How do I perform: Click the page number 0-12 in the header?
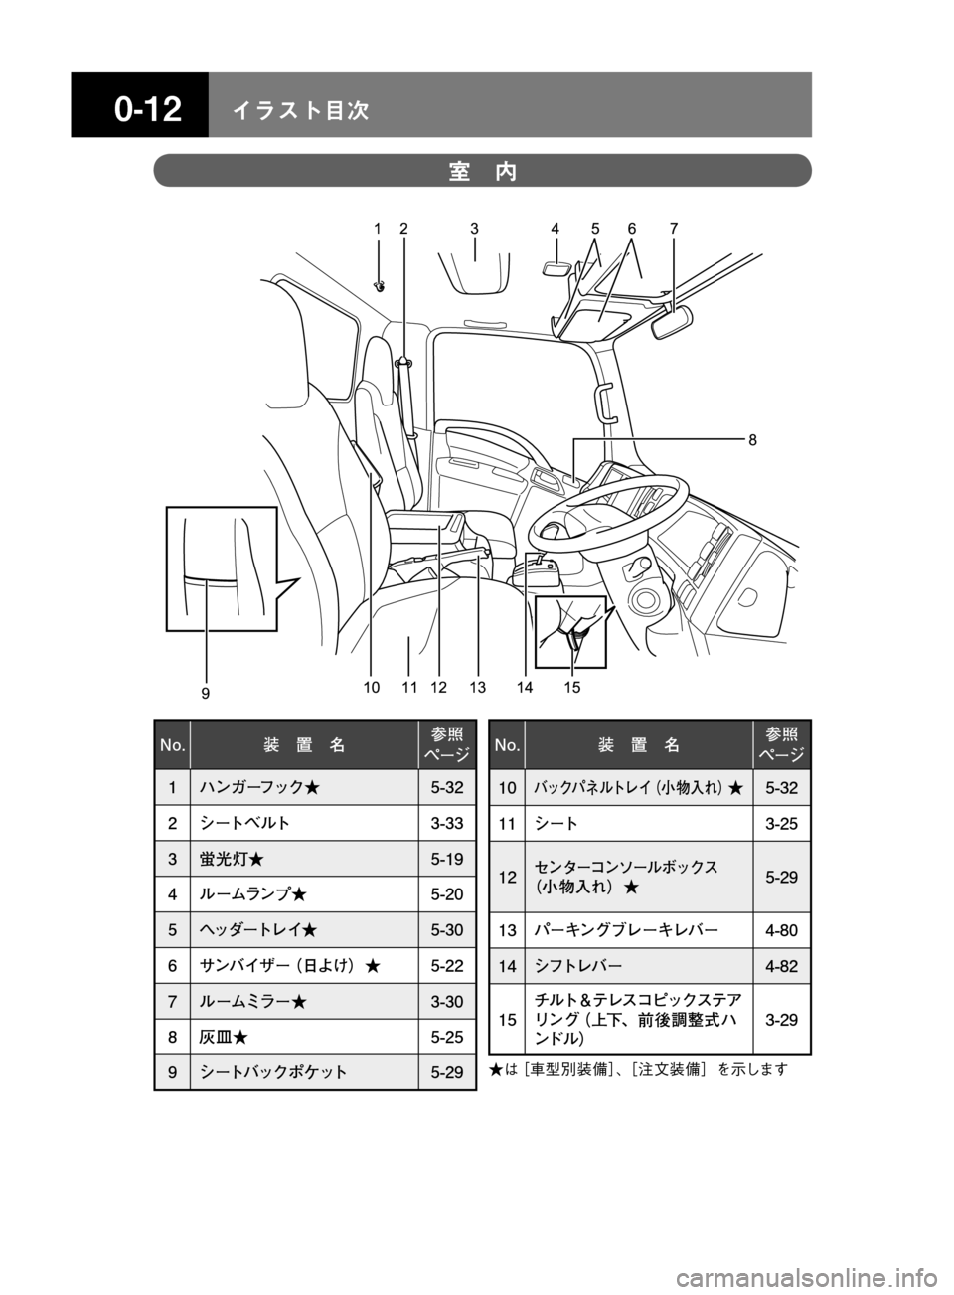coord(148,109)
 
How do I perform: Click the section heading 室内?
coord(482,172)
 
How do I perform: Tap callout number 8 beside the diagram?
coord(753,440)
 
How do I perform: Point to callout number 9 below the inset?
coord(206,693)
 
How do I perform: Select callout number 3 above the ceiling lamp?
coord(474,229)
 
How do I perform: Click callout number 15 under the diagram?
coord(571,688)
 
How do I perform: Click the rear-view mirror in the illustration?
coord(671,322)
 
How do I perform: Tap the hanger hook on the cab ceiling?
coord(380,285)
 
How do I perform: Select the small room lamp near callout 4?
coord(557,267)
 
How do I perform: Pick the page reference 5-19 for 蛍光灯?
coord(447,859)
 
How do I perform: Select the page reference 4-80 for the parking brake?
coord(782,930)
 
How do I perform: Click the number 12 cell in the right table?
coord(507,877)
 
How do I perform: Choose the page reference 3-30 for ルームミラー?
coord(447,1001)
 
